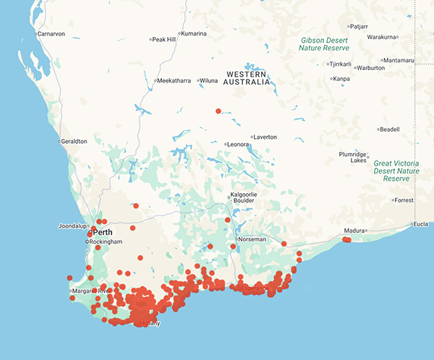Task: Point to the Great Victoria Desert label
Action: (396, 171)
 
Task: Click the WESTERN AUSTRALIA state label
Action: (251, 79)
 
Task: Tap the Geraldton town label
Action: (74, 141)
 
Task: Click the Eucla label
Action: (421, 224)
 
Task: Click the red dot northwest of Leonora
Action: (218, 111)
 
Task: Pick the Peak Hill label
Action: (163, 39)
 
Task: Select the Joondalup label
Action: (73, 226)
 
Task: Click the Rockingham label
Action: (106, 241)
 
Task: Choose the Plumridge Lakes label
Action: (353, 158)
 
